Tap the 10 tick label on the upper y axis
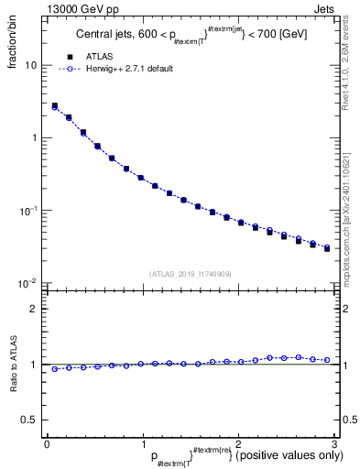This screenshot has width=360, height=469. [x=30, y=66]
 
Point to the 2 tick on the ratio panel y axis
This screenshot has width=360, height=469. [x=34, y=309]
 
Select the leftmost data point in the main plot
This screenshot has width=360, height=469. [x=55, y=106]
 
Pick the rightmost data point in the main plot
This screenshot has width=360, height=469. [x=326, y=248]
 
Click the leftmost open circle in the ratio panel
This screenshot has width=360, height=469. [x=55, y=369]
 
